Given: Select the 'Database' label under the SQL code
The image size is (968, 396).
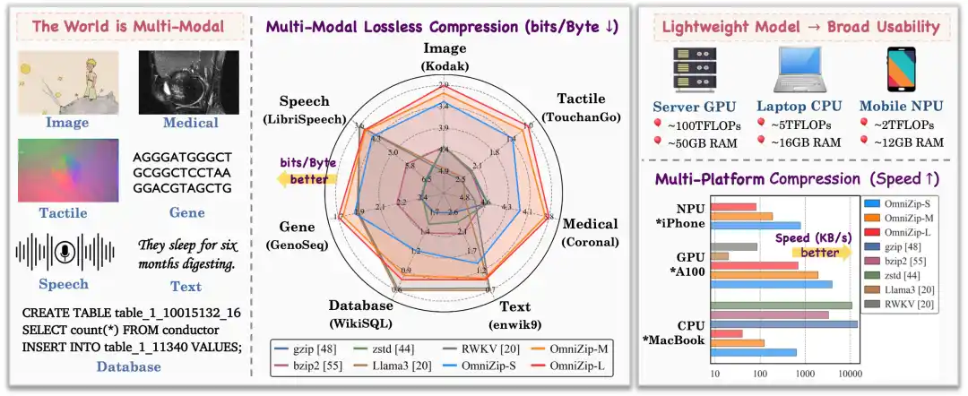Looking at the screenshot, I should [x=130, y=366].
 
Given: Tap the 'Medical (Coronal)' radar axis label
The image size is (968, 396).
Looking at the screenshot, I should [x=589, y=232].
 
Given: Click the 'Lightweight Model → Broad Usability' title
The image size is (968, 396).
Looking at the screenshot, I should [x=800, y=26].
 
